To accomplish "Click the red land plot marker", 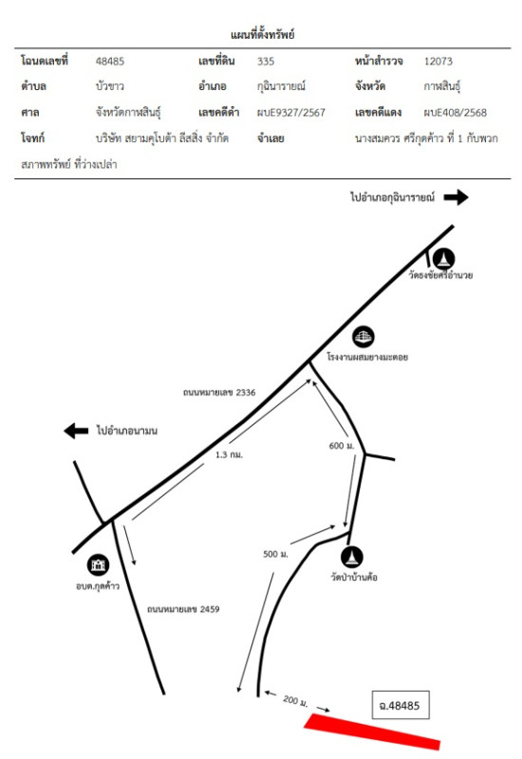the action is click(372, 731).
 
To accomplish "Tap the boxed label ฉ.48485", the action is click(400, 705).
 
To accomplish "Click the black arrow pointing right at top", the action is click(457, 197).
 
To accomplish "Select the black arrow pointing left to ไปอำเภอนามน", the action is click(76, 431).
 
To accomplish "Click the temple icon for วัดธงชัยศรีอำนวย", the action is click(443, 258).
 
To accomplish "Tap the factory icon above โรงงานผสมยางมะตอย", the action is click(364, 337).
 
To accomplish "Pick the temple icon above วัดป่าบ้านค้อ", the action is click(352, 557).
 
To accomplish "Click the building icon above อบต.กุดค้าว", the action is click(99, 565).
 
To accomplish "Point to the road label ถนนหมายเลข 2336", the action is click(219, 393).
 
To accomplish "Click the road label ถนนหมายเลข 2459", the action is click(183, 609).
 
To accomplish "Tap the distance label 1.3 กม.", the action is click(229, 455).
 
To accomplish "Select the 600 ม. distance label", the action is click(342, 446).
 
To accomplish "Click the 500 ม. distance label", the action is click(275, 554).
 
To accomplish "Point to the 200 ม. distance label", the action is click(295, 701).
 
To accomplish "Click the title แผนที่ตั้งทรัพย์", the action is click(263, 34).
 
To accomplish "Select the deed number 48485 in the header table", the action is click(110, 62).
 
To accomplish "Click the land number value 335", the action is click(266, 62).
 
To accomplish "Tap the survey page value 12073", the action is click(438, 62).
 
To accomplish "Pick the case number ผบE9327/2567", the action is click(291, 113).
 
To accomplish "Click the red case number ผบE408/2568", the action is click(456, 113).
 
